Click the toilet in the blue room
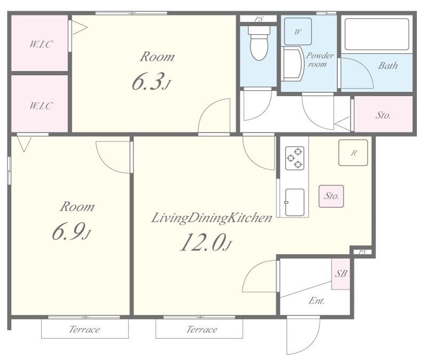259,43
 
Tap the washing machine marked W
298,32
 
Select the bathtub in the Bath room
377,34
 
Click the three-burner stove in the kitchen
295,158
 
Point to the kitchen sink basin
295,202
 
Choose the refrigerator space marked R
353,153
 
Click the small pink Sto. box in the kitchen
331,196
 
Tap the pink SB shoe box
341,274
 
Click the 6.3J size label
152,82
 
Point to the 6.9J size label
71,232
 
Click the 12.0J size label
206,242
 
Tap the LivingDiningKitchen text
211,218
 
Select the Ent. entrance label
317,301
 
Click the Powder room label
320,60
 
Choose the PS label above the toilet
259,19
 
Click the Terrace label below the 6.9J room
84,330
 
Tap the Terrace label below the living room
202,330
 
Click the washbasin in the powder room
292,64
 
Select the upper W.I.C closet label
41,44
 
